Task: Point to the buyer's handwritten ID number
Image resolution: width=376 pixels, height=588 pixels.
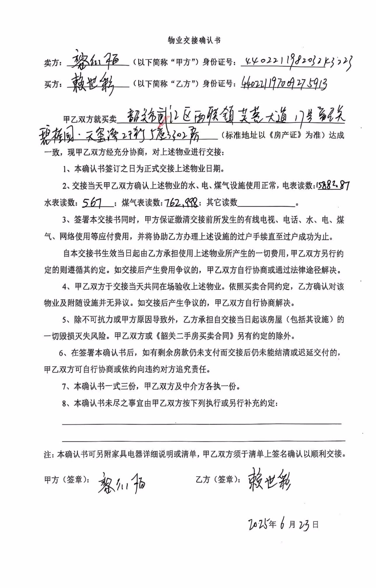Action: (x=284, y=83)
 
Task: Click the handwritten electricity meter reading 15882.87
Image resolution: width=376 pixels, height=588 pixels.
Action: (x=332, y=185)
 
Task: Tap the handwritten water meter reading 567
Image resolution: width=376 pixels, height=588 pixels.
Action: (x=92, y=202)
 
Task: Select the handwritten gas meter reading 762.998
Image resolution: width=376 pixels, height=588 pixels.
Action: (x=182, y=202)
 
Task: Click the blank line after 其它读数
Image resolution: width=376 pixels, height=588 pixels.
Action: (x=267, y=203)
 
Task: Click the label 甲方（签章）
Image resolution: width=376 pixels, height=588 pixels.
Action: (x=67, y=480)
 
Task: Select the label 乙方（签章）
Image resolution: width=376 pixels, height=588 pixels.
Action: (x=218, y=480)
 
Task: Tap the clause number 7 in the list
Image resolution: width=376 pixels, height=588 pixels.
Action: (x=64, y=387)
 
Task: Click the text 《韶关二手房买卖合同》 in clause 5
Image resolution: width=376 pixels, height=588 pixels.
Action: (x=195, y=336)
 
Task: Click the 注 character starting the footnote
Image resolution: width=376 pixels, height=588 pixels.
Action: (x=48, y=455)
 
